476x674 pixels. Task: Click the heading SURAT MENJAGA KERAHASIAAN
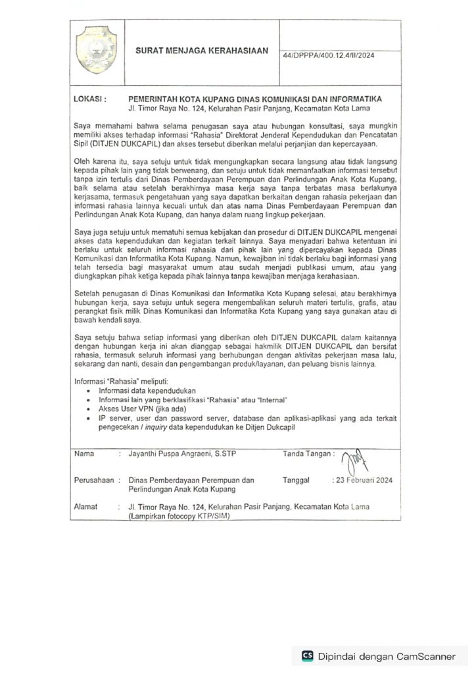(202, 51)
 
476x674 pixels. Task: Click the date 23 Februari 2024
(364, 480)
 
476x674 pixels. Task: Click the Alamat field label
(86, 507)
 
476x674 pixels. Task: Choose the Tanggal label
(296, 480)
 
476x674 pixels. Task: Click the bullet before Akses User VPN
(89, 409)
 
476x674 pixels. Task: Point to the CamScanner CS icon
(307, 656)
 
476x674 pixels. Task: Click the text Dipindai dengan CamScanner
(386, 656)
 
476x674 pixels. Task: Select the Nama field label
(84, 454)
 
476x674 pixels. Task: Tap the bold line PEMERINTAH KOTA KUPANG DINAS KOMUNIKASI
(255, 99)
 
